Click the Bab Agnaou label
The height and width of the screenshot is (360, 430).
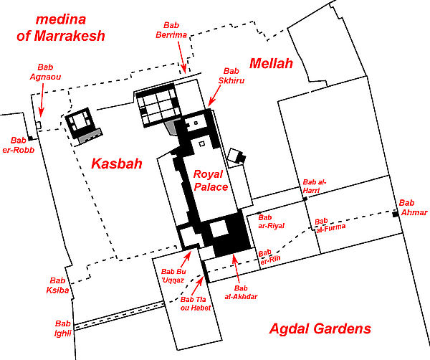pyautogui.click(x=45, y=72)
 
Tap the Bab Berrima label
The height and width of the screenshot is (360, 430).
pyautogui.click(x=171, y=30)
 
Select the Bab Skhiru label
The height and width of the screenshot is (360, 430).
pyautogui.click(x=231, y=76)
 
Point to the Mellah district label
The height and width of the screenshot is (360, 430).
pyautogui.click(x=271, y=63)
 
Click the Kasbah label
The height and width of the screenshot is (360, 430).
pyautogui.click(x=117, y=164)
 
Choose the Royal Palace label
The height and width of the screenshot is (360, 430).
pyautogui.click(x=211, y=181)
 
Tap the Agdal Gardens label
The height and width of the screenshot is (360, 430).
pyautogui.click(x=320, y=328)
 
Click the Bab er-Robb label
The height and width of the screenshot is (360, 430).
pyautogui.click(x=19, y=145)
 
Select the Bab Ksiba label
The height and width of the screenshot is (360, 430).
pyautogui.click(x=57, y=285)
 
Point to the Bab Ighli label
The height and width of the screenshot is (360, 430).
pyautogui.click(x=63, y=328)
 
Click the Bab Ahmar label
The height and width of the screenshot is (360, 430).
pyautogui.click(x=413, y=207)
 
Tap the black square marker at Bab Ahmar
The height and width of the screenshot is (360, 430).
pyautogui.click(x=395, y=214)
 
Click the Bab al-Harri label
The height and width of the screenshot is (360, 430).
pyautogui.click(x=315, y=186)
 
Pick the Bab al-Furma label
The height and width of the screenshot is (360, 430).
pyautogui.click(x=330, y=226)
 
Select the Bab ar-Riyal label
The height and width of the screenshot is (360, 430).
pyautogui.click(x=271, y=222)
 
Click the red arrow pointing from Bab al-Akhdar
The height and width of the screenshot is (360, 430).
pyautogui.click(x=236, y=269)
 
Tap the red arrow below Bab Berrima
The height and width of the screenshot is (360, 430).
pyautogui.click(x=181, y=57)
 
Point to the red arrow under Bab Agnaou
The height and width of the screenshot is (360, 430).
pyautogui.click(x=42, y=100)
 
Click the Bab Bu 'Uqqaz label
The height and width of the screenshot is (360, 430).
pyautogui.click(x=173, y=275)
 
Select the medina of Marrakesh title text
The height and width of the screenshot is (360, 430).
pyautogui.click(x=61, y=28)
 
